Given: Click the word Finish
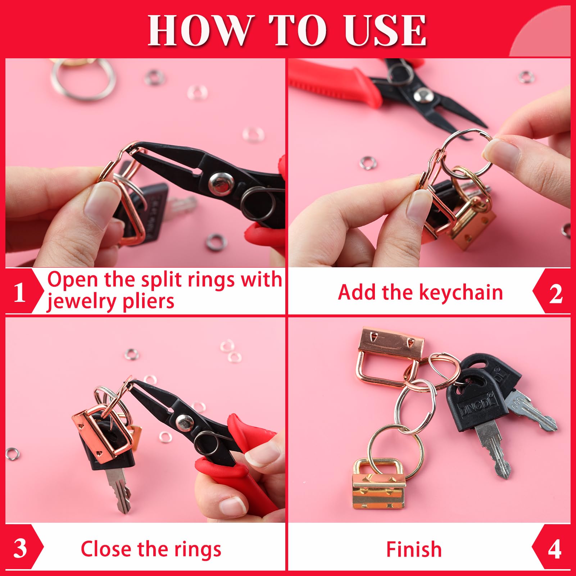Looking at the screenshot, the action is tap(414, 549).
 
